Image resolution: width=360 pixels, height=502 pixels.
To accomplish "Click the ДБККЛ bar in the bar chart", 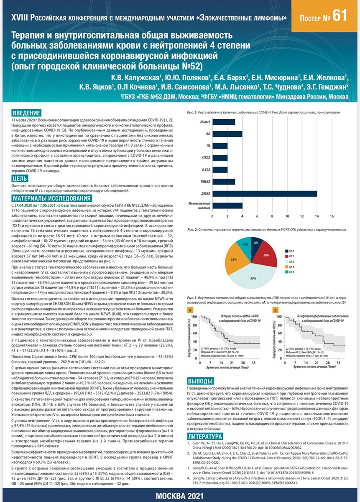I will [264, 193].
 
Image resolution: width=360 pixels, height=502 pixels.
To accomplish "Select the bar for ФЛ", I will [227, 134].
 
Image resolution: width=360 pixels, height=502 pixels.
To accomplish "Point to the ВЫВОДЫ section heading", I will [200, 381].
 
